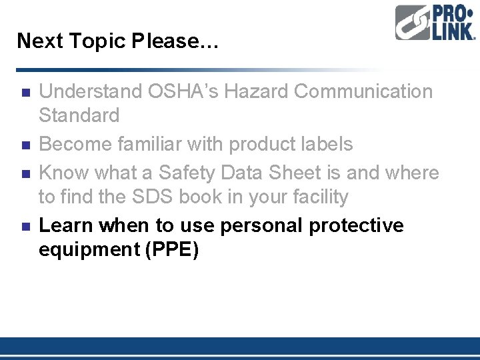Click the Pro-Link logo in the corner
tap(435, 23)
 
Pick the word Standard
tap(79, 115)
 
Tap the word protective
tap(357, 225)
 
